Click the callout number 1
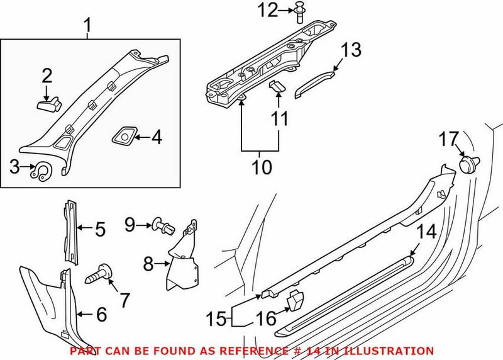[x=88, y=25]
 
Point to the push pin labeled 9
[x=162, y=225]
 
